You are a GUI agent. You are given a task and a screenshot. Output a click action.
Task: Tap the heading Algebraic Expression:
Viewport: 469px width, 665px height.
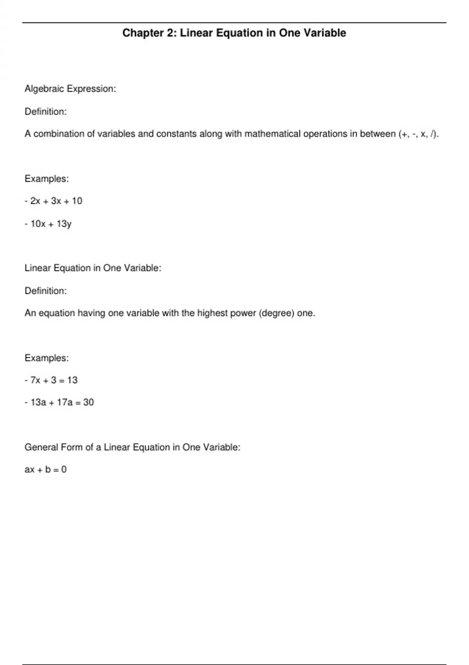(70, 89)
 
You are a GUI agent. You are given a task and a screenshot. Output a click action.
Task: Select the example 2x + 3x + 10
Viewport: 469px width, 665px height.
(56, 201)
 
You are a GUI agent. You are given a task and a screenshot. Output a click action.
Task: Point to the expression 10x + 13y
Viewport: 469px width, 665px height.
(51, 224)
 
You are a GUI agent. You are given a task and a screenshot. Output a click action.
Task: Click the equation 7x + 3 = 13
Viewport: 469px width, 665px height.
(54, 380)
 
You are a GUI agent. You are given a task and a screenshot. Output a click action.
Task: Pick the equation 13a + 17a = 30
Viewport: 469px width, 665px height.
(62, 402)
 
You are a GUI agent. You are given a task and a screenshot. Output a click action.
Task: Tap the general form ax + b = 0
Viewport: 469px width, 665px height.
(45, 469)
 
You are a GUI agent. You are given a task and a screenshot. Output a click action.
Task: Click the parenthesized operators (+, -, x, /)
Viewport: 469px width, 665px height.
(419, 134)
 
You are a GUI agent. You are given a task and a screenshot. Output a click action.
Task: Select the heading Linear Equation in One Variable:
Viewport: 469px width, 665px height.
(93, 268)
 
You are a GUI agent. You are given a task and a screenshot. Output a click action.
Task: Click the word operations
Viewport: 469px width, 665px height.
(325, 134)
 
